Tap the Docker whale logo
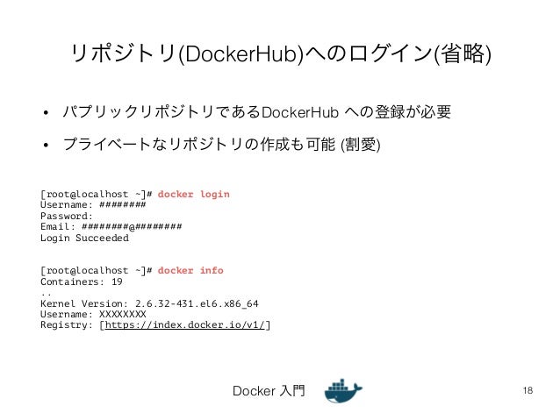pyautogui.click(x=343, y=391)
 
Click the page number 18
pyautogui.click(x=527, y=390)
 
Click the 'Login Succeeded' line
pyautogui.click(x=84, y=238)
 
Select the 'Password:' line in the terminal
pyautogui.click(x=66, y=216)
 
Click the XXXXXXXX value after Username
pyautogui.click(x=123, y=314)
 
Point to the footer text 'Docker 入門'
pyautogui.click(x=269, y=391)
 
